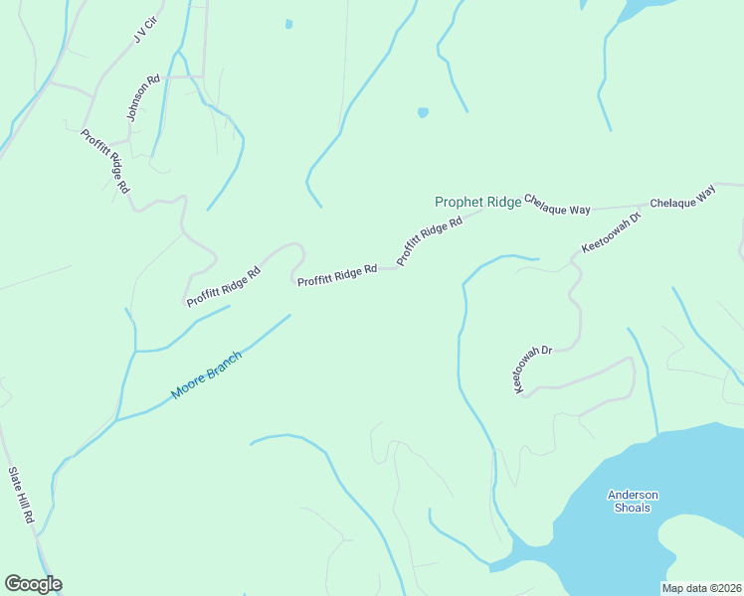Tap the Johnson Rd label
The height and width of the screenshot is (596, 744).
tap(143, 97)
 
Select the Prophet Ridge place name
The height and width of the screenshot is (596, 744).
tap(477, 202)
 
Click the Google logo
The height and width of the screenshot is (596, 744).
tap(33, 584)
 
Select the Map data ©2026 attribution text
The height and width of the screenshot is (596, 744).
tap(701, 587)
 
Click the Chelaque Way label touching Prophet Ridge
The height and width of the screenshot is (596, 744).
tap(557, 205)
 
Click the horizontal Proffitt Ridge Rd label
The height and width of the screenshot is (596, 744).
tap(336, 275)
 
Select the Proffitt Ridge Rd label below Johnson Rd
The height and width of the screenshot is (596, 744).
tap(106, 161)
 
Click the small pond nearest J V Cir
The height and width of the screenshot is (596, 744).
tap(288, 24)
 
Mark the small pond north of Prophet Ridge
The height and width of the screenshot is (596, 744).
tap(423, 112)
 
